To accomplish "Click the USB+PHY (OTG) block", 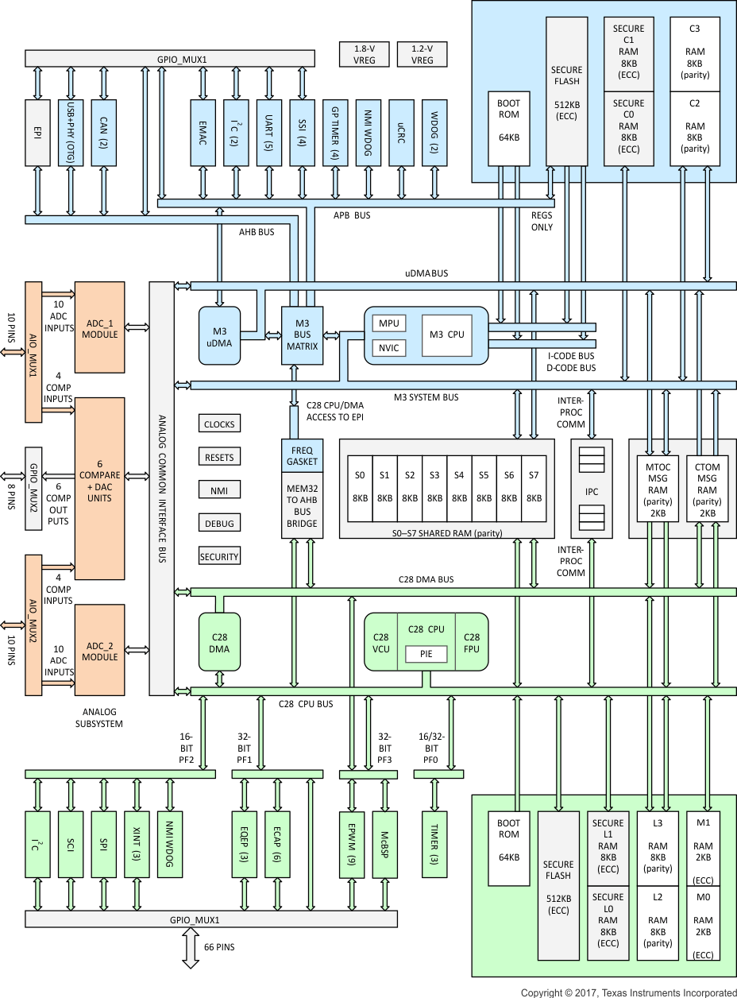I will tap(71, 133).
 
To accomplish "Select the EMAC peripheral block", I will tap(203, 133).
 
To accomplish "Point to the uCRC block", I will tap(402, 133).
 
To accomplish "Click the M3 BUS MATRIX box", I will tap(302, 335).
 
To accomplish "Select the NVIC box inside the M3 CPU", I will tap(389, 347).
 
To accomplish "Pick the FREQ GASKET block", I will tap(302, 455).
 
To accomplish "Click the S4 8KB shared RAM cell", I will tap(459, 486).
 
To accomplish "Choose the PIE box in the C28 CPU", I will tap(426, 654).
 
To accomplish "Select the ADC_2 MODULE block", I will tap(99, 650).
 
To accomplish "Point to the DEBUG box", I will tap(219, 524).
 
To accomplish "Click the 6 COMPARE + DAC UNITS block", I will tap(99, 487).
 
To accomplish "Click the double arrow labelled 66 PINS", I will tap(191, 948).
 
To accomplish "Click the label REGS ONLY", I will tap(542, 221).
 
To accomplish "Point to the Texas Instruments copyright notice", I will tap(628, 992).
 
